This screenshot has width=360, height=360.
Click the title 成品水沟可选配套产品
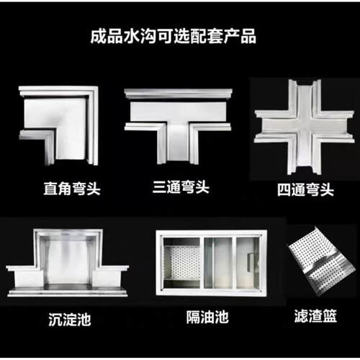(x=174, y=37)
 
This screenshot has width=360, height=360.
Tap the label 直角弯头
(x=72, y=189)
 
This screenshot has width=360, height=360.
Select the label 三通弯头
(x=181, y=187)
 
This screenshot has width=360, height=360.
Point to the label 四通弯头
(x=305, y=190)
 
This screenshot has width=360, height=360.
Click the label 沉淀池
(x=70, y=320)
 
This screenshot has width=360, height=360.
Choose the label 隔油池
(x=207, y=317)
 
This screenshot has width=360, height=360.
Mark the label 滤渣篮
(x=315, y=316)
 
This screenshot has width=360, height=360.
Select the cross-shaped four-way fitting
(x=305, y=127)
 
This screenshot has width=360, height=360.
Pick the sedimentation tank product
(x=68, y=263)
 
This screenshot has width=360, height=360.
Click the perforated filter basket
(x=322, y=261)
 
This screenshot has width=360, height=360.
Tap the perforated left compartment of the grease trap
(x=181, y=263)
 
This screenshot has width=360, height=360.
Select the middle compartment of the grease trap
(x=218, y=263)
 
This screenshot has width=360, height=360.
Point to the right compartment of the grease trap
(x=248, y=263)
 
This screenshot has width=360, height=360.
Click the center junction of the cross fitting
(x=305, y=127)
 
